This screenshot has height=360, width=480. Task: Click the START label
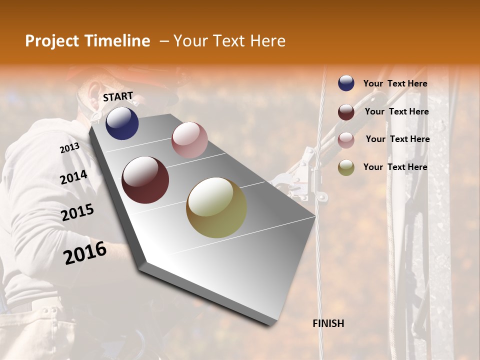(x=118, y=96)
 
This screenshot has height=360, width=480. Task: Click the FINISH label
(x=328, y=323)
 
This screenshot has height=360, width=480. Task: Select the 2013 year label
(x=69, y=148)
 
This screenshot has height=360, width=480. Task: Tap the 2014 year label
(x=74, y=177)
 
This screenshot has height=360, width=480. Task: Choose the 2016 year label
(x=85, y=253)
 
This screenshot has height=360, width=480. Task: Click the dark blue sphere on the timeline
(x=122, y=123)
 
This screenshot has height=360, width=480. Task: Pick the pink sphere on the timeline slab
(x=189, y=140)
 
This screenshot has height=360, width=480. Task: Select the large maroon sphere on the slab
(x=145, y=180)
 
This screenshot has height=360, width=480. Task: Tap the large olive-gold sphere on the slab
(x=216, y=207)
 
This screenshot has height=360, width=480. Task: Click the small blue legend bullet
(x=346, y=83)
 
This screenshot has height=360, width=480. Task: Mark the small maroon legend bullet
(x=346, y=112)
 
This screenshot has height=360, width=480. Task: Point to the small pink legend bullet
(x=346, y=140)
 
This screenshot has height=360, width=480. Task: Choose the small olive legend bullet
(x=346, y=167)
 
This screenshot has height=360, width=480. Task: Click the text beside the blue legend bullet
(x=395, y=84)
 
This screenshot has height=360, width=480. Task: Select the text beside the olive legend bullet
(x=395, y=167)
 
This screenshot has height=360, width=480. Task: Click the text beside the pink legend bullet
(x=397, y=139)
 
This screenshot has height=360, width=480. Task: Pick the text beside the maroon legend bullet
(x=397, y=111)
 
